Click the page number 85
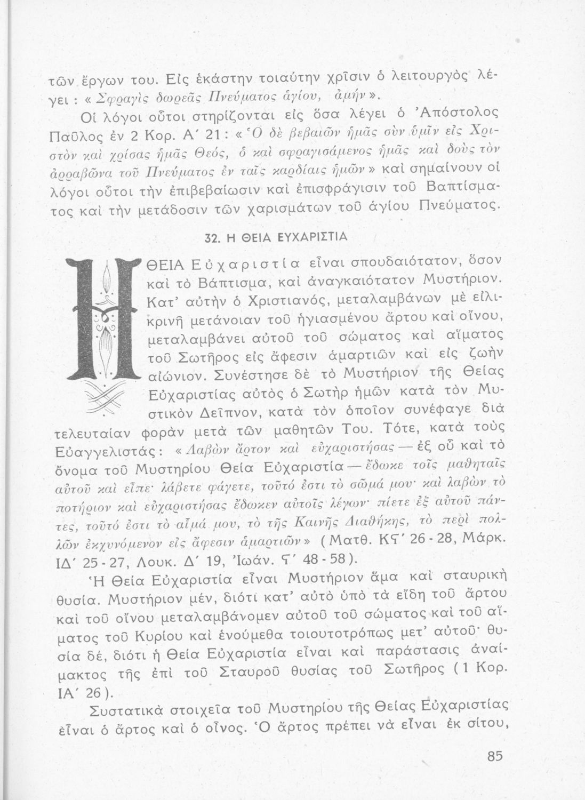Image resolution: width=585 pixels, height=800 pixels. coord(495,757)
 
